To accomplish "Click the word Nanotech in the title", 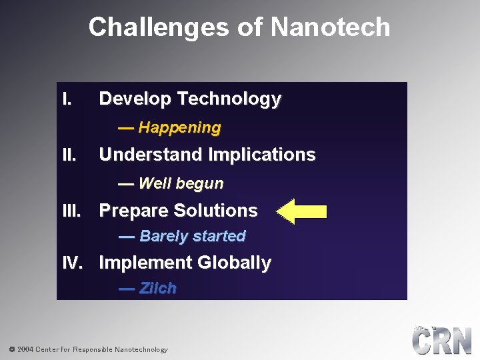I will point(330,27).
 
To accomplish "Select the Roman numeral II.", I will point(69,155).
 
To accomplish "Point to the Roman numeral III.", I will point(71,211).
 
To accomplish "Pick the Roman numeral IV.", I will point(71,263).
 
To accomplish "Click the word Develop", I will point(135,99).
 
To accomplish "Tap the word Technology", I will point(229,99).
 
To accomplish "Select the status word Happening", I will point(179,127).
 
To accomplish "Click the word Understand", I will point(151,155).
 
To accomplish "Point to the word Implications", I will point(261,155).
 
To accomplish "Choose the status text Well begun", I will point(181,183).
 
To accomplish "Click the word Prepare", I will point(133,211).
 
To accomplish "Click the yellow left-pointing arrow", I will point(301,211).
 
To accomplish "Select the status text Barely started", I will point(193,237).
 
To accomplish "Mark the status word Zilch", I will point(158,289).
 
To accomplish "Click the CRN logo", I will point(441,341).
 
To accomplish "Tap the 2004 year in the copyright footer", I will point(25,349).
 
